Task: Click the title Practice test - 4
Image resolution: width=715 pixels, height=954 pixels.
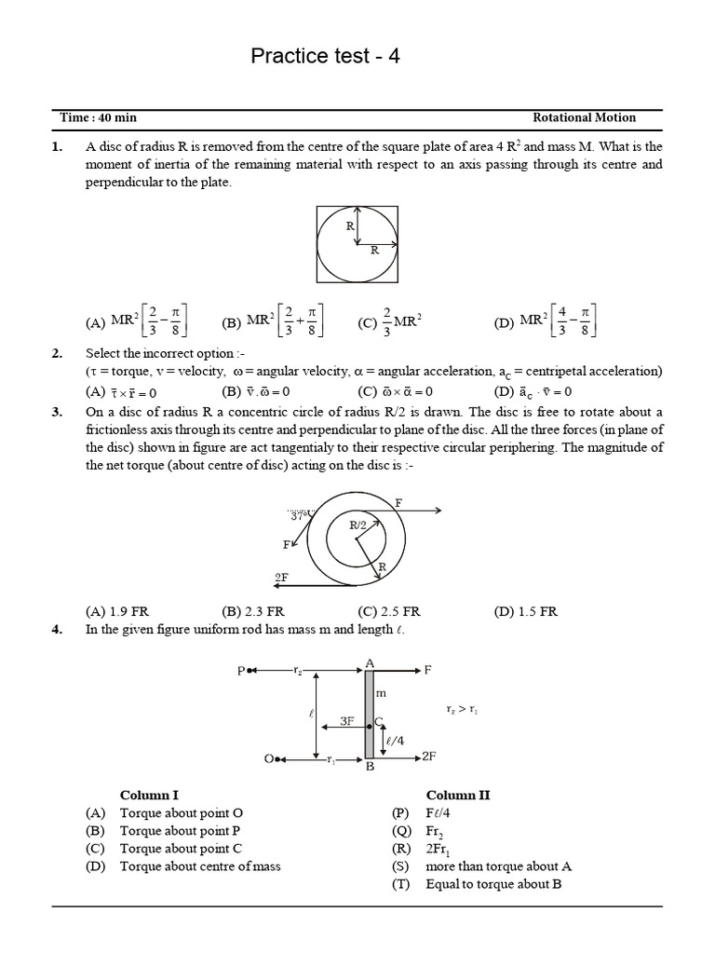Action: (326, 57)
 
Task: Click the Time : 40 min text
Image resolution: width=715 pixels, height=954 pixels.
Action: (98, 117)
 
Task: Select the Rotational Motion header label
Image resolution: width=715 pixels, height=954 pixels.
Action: (584, 117)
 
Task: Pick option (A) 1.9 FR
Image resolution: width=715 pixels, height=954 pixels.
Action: (116, 612)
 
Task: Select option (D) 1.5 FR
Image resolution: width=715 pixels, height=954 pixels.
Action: (525, 612)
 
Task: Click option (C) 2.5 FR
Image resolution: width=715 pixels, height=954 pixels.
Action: (388, 612)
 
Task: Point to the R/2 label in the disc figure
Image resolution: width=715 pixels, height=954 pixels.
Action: (358, 525)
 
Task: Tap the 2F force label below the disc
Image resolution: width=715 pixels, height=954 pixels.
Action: (281, 578)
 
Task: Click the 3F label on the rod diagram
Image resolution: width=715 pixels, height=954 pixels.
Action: (346, 721)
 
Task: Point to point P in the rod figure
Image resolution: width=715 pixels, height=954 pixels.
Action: (241, 670)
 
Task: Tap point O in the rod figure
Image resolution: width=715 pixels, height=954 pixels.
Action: (269, 759)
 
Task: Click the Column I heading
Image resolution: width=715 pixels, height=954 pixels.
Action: (149, 795)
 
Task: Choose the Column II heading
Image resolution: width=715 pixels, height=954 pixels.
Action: (457, 795)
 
